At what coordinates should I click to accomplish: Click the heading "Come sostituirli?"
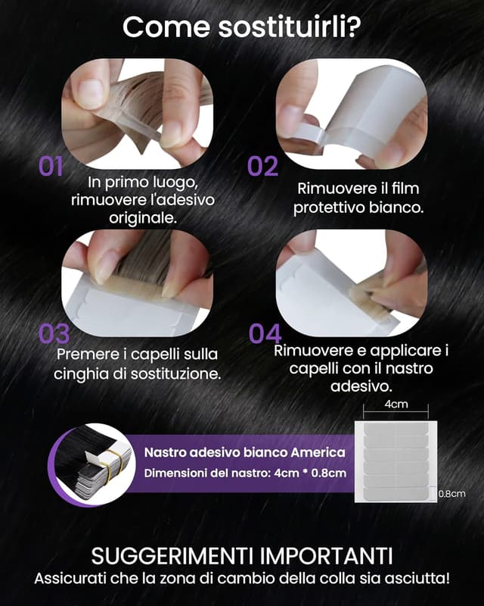241,27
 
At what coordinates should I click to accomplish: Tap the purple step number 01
51,167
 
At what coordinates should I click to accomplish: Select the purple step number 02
262,167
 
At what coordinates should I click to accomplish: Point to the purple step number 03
54,334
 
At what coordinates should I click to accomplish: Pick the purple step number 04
265,334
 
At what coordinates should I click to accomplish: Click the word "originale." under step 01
143,218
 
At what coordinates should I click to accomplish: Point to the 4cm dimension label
396,405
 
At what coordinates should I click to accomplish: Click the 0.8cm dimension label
452,494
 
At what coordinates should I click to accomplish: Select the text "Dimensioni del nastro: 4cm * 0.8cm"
245,473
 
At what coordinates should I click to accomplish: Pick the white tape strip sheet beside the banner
396,461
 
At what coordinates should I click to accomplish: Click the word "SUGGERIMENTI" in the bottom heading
173,556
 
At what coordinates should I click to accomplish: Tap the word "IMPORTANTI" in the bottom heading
327,556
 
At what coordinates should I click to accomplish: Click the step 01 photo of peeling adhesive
138,114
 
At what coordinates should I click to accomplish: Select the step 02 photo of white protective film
352,114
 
